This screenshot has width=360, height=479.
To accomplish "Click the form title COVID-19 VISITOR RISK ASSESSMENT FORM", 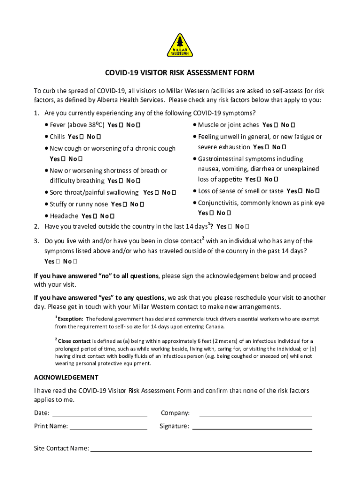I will click(180, 73).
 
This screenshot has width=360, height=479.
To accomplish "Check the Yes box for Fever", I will click(121, 125).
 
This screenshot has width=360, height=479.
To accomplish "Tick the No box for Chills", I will click(99, 137).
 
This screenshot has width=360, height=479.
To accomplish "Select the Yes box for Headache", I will click(95, 216).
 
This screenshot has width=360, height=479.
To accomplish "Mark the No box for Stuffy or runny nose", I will click(142, 204).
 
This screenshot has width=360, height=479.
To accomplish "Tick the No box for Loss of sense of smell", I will click(317, 191).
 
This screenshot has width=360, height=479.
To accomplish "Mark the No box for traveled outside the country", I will click(247, 227).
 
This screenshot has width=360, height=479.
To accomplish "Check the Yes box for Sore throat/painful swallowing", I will click(157, 193).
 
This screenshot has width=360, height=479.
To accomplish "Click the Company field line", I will click(255, 414).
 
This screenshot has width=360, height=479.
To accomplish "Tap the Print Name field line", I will click(108, 428).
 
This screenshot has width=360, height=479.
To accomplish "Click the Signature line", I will click(252, 428).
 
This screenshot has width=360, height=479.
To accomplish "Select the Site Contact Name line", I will click(201, 450).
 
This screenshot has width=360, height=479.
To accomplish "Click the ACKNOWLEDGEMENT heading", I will click(66, 377).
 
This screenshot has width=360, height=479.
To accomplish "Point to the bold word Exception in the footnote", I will click(71, 319).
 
